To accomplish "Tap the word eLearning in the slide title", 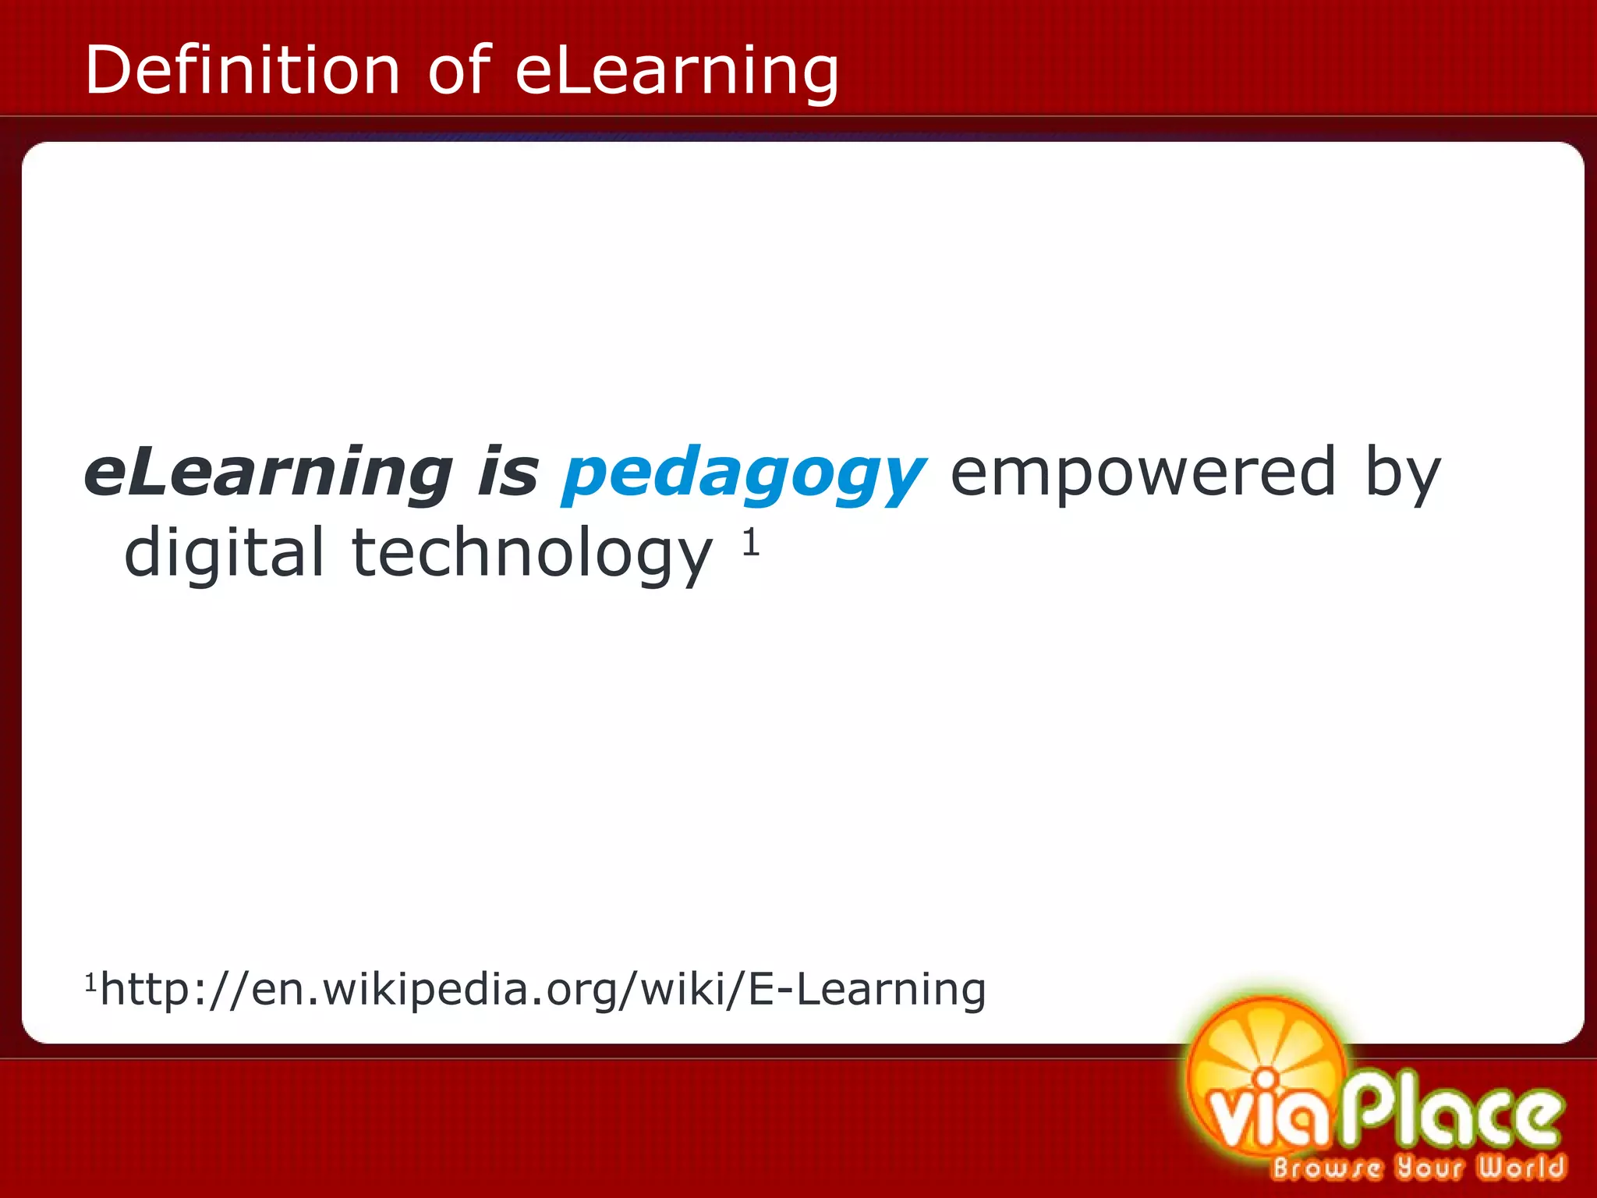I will click(677, 72).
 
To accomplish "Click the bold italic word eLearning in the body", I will click(268, 473).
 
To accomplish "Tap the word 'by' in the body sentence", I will click(1402, 474).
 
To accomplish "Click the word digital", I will click(224, 554).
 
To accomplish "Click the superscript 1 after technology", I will click(750, 541).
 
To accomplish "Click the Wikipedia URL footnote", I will click(543, 990).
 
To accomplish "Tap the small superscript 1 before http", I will click(90, 981).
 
